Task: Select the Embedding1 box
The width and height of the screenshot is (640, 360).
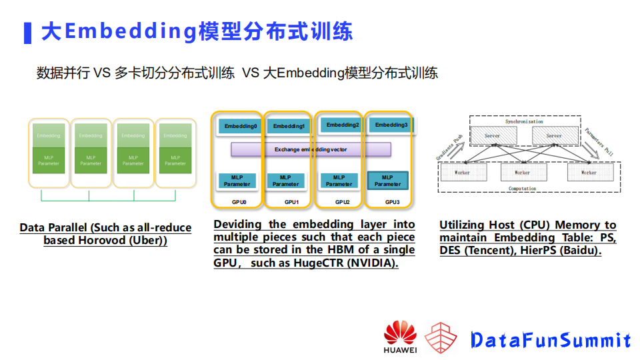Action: click(x=288, y=126)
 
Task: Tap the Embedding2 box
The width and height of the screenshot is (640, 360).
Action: click(x=341, y=125)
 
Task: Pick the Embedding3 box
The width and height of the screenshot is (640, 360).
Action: click(x=391, y=125)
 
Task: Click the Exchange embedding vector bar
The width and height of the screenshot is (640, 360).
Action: click(x=311, y=149)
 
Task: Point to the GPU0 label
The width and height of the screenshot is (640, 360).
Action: click(x=238, y=202)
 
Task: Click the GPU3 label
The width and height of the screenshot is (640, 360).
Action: click(x=393, y=202)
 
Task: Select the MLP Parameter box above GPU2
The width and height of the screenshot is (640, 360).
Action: click(x=339, y=181)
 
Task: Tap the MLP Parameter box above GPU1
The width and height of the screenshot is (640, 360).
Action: click(x=285, y=181)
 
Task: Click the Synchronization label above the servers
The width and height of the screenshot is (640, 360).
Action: click(x=523, y=121)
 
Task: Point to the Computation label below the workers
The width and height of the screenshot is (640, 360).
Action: click(x=522, y=189)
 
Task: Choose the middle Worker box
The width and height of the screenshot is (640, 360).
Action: click(x=522, y=172)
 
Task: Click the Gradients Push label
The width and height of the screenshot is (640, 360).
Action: click(x=449, y=145)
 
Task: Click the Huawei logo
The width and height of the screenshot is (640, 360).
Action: click(x=400, y=337)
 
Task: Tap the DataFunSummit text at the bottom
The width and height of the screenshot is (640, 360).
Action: click(x=550, y=340)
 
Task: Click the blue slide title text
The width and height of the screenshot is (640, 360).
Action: click(x=197, y=31)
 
